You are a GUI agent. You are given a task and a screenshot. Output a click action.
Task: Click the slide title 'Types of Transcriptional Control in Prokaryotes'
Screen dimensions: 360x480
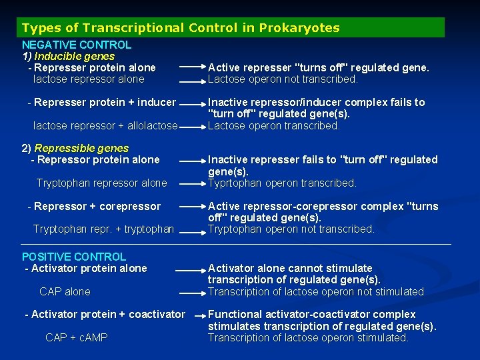[x=181, y=28]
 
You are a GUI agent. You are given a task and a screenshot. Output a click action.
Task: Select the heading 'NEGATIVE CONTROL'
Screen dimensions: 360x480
[x=77, y=45]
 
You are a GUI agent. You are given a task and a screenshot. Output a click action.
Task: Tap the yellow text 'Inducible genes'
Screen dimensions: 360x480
[x=74, y=57]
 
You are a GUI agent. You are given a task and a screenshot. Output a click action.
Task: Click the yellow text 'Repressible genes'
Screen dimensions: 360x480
[x=81, y=148]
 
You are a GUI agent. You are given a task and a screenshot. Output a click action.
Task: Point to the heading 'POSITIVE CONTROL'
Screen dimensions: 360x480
[x=74, y=257]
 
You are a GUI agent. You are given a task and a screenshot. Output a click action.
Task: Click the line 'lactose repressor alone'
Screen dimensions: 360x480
[x=89, y=79]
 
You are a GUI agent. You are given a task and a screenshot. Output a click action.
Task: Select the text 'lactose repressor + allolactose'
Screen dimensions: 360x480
[x=105, y=125]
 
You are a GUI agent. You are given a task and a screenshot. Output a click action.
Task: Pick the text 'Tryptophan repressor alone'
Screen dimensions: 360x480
[x=101, y=183]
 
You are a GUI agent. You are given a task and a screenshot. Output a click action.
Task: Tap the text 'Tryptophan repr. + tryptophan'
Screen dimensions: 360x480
[x=103, y=229]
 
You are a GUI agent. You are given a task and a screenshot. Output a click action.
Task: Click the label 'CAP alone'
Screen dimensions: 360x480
[x=65, y=291]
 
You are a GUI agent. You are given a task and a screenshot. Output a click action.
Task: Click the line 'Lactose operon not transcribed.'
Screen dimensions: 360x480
[x=283, y=79]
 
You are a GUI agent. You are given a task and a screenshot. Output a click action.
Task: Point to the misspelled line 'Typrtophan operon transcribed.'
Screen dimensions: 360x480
[x=282, y=183]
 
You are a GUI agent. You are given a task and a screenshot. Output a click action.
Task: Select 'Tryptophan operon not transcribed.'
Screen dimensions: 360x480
[x=291, y=229]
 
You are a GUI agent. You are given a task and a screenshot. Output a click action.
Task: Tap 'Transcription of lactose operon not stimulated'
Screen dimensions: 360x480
[x=315, y=291]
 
